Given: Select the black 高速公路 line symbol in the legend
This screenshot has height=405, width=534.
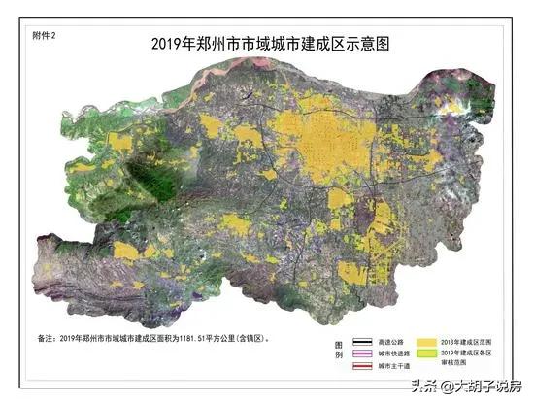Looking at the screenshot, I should tap(366, 343).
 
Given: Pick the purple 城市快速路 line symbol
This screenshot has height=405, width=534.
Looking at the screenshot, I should tap(366, 354).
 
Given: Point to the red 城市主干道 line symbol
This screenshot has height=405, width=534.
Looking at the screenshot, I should tap(366, 367).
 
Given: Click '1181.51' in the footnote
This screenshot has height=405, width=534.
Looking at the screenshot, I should tap(194, 339).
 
